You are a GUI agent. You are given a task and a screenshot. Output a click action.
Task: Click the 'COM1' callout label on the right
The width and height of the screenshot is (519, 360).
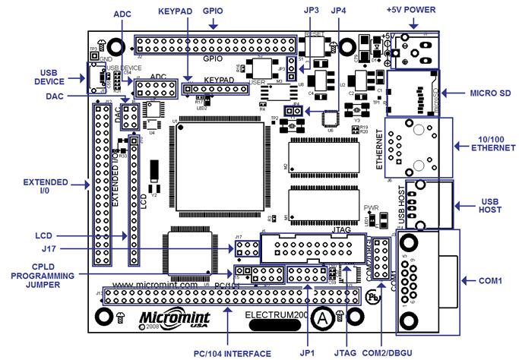click(491, 280)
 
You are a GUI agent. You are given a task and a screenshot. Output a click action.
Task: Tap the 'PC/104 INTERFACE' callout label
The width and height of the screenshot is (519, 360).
click(232, 353)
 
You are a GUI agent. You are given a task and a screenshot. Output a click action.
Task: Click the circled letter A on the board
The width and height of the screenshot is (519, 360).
click(323, 318)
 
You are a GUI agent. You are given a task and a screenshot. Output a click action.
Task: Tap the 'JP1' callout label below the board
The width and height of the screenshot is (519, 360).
click(308, 353)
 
